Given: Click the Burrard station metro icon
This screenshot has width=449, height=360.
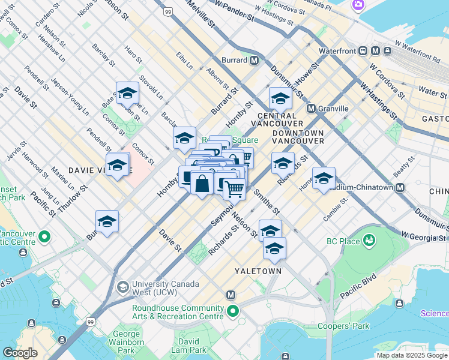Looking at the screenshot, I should coord(255,60).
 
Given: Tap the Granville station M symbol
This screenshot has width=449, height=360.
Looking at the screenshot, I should coord(311,109).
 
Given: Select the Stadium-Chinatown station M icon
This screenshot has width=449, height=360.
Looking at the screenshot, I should coord(400,187).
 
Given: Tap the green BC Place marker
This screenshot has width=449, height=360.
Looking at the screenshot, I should coord(369,241).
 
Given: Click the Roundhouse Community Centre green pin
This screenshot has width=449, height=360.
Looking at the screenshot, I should coord(232,311).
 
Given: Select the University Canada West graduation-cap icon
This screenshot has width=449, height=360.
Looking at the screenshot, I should coord(123,286).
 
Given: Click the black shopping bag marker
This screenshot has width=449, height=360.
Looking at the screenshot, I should coord(202,182).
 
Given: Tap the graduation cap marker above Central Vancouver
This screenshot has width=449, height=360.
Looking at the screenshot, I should coord(280,98).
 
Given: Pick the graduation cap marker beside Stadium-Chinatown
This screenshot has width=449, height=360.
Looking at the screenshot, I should coord(324,178).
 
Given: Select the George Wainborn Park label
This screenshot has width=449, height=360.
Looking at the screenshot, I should coord(127,341).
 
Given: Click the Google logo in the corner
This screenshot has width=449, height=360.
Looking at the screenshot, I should coord(20,352).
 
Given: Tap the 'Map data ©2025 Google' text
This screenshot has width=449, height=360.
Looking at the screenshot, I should coord(411,355).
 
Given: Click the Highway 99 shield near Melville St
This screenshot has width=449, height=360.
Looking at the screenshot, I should coord(167,11).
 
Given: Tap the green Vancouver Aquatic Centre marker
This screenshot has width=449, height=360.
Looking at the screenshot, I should coord(44,238).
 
